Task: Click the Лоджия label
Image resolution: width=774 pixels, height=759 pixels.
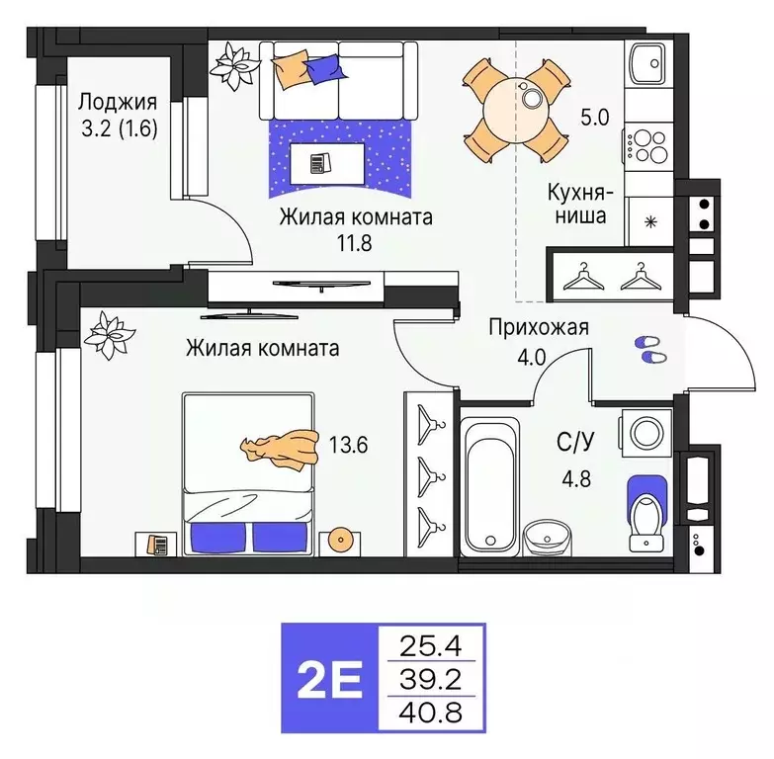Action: click(118, 101)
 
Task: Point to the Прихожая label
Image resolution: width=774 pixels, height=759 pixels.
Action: click(539, 328)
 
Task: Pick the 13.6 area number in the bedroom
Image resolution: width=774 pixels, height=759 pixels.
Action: click(349, 445)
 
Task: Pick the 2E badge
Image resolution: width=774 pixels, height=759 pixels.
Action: click(330, 677)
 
